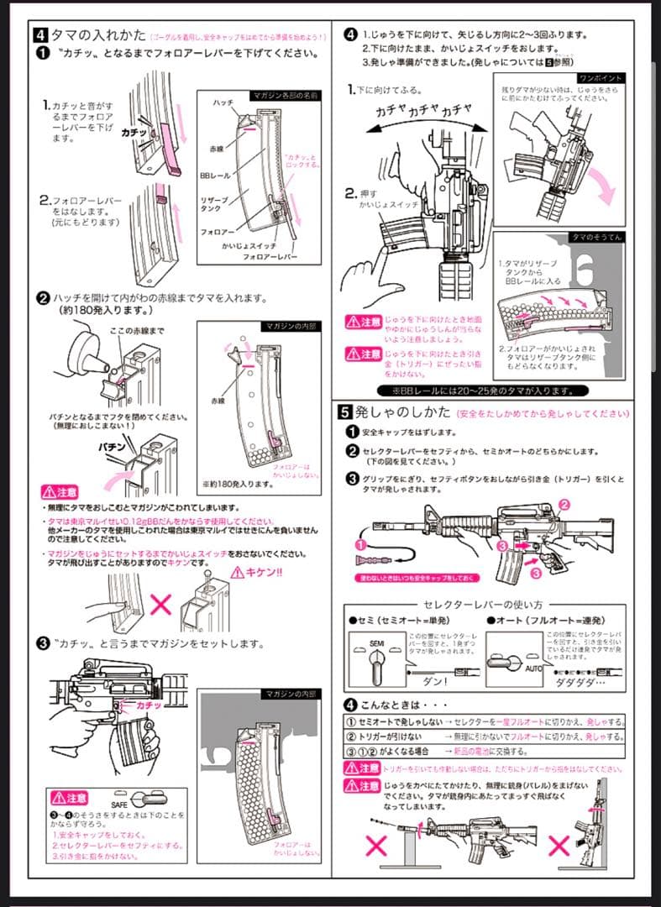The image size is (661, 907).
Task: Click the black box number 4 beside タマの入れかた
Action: tap(40, 35)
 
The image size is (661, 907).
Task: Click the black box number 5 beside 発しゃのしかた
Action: tap(345, 412)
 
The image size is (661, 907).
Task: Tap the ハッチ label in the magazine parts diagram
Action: tap(223, 102)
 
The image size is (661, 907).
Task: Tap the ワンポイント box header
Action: tap(601, 78)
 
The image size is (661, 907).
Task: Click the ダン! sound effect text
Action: tap(434, 682)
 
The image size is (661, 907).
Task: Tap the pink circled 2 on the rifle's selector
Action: tap(564, 504)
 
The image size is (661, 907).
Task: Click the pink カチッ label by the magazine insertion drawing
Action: tap(149, 707)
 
